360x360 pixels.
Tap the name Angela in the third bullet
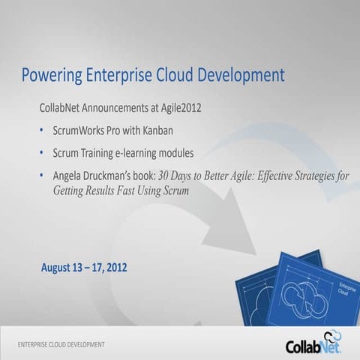point(69,176)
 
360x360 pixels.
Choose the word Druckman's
point(116,176)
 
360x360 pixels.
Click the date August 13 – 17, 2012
point(84,267)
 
